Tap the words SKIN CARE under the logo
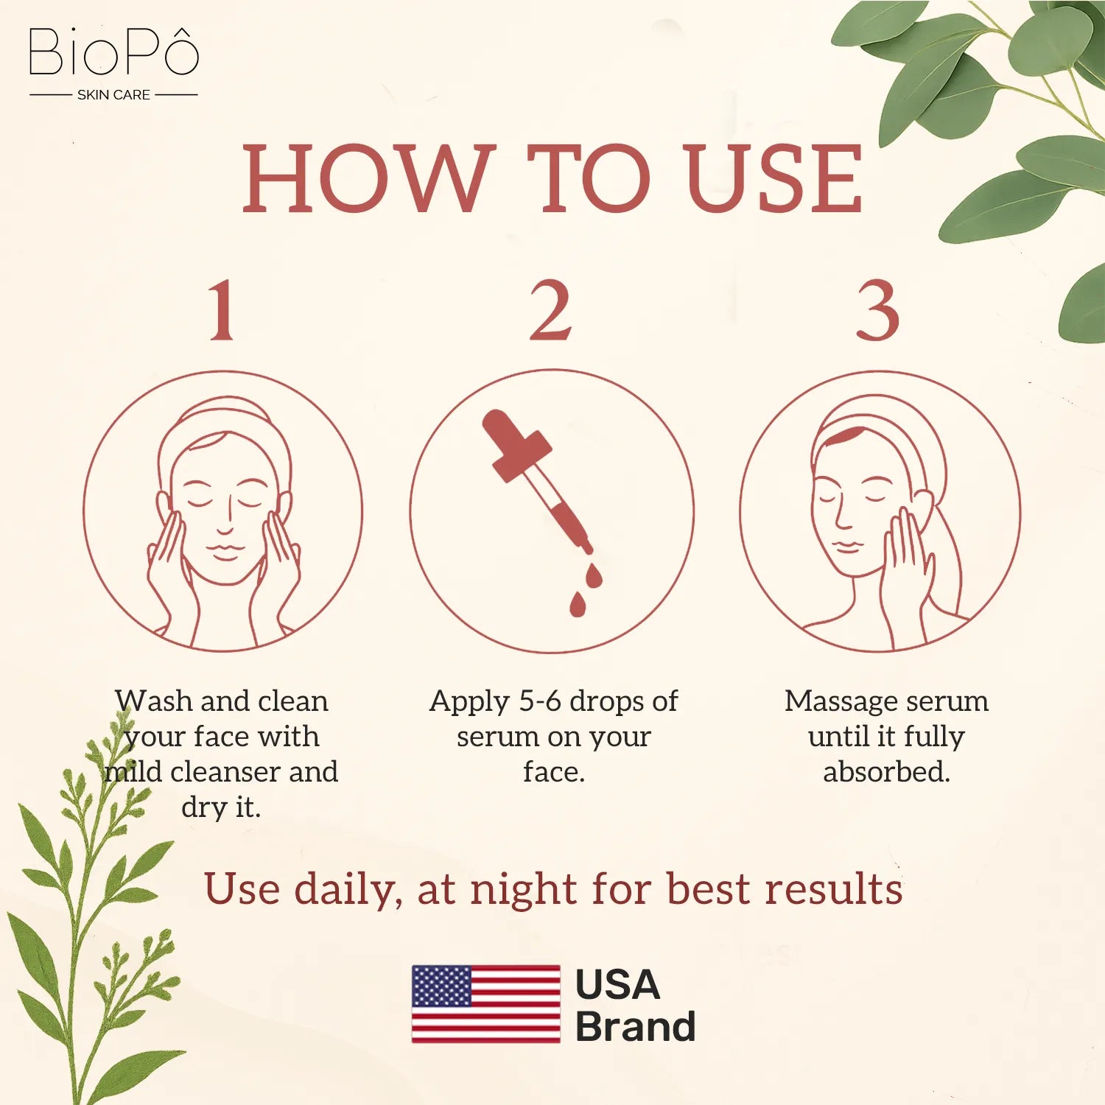[113, 95]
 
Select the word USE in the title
[773, 179]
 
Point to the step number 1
[222, 311]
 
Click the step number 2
[551, 311]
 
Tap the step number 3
[877, 311]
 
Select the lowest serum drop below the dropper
[578, 605]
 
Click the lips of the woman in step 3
[846, 546]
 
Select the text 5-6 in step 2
[540, 701]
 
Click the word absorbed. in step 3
[886, 772]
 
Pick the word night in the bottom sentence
[524, 890]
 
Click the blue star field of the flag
[441, 986]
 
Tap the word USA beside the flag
[617, 984]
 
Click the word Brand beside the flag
[635, 1027]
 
